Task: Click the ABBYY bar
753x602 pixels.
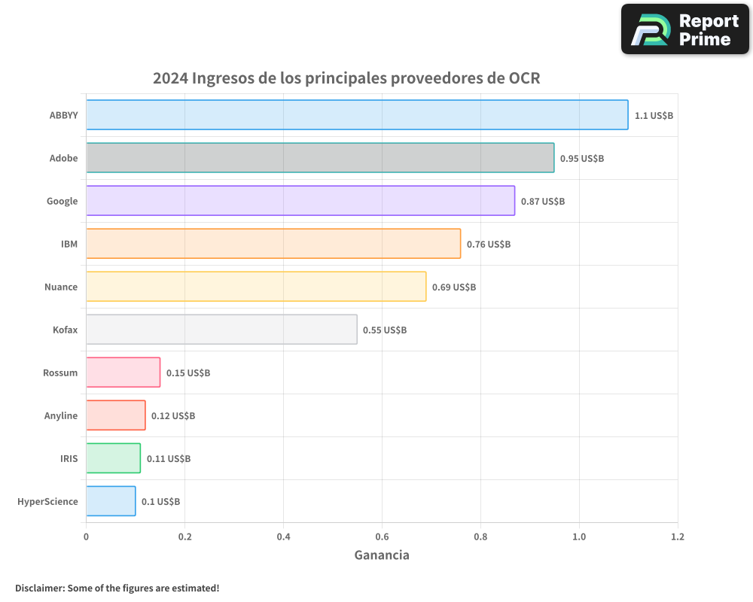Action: [x=357, y=115]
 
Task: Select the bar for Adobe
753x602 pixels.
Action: [x=320, y=158]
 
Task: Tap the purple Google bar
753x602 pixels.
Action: [x=300, y=201]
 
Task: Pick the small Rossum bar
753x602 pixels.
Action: [x=123, y=372]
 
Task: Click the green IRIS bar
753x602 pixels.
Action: [x=113, y=458]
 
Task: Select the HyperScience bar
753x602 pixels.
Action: [x=111, y=501]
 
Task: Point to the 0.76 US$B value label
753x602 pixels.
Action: [x=489, y=245]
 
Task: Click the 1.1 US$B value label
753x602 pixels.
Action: [x=654, y=116]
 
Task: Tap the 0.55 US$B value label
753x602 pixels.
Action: [x=385, y=330]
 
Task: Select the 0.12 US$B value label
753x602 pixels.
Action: [x=173, y=416]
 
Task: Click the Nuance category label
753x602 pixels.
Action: [x=61, y=287]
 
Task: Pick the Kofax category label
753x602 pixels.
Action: [x=65, y=330]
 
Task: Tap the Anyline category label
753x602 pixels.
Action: [x=61, y=415]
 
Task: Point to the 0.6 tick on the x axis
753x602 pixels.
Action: [x=382, y=537]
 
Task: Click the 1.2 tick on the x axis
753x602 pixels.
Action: [x=678, y=537]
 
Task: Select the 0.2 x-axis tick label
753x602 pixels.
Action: [x=184, y=537]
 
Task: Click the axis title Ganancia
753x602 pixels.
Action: [x=382, y=555]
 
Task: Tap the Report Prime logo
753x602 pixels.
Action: [x=685, y=29]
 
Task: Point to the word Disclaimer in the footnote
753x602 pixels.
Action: [x=39, y=588]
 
